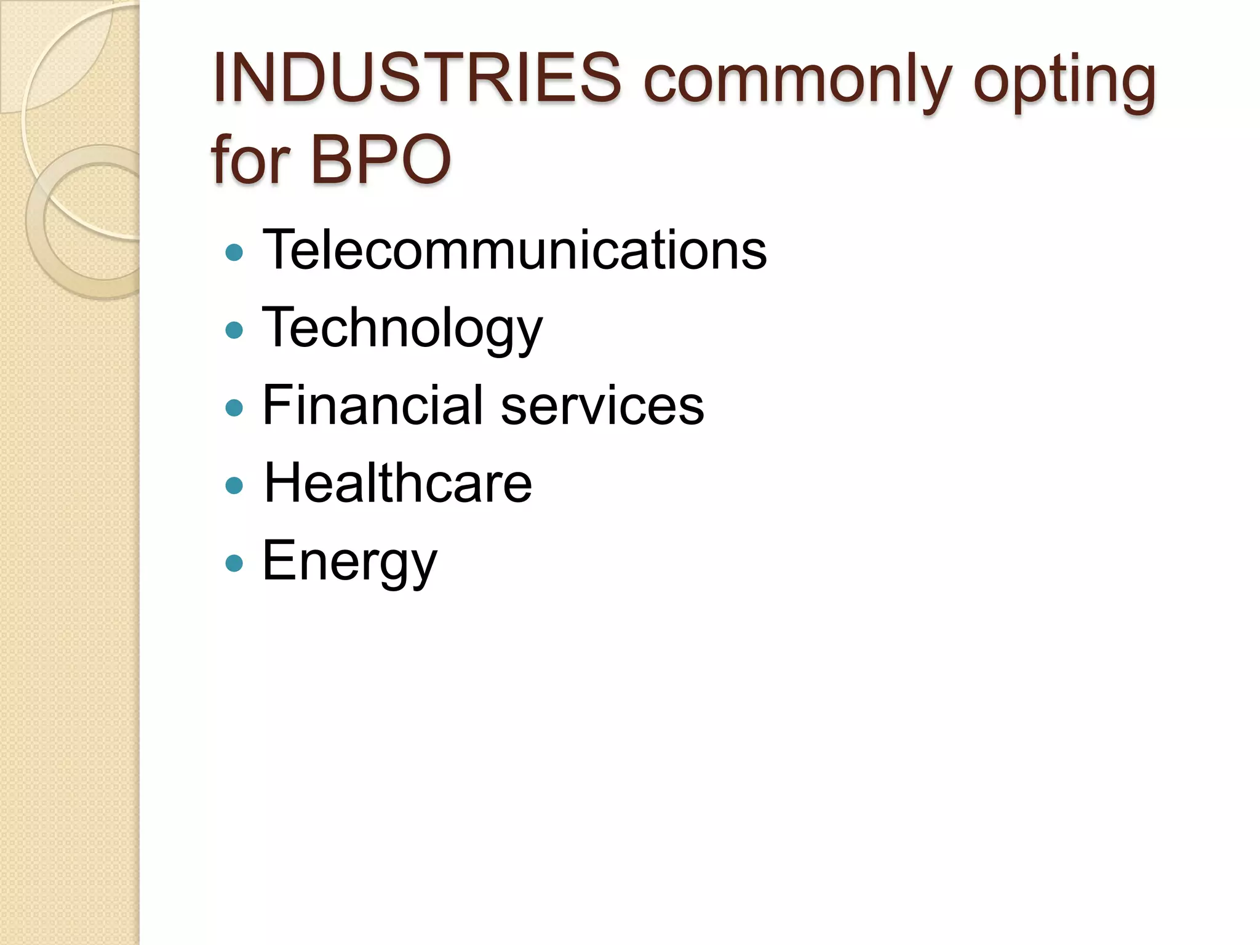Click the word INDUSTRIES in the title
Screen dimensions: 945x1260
point(417,79)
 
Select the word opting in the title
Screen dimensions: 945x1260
point(1064,83)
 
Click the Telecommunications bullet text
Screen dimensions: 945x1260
point(514,249)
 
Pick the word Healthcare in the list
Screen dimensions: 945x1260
point(397,483)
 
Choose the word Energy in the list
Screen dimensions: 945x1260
point(349,562)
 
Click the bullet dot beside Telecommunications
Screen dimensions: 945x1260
point(234,252)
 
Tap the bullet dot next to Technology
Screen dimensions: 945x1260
point(234,330)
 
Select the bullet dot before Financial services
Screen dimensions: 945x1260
point(234,408)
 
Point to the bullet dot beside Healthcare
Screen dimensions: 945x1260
point(234,486)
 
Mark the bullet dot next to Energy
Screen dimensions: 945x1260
point(234,564)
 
